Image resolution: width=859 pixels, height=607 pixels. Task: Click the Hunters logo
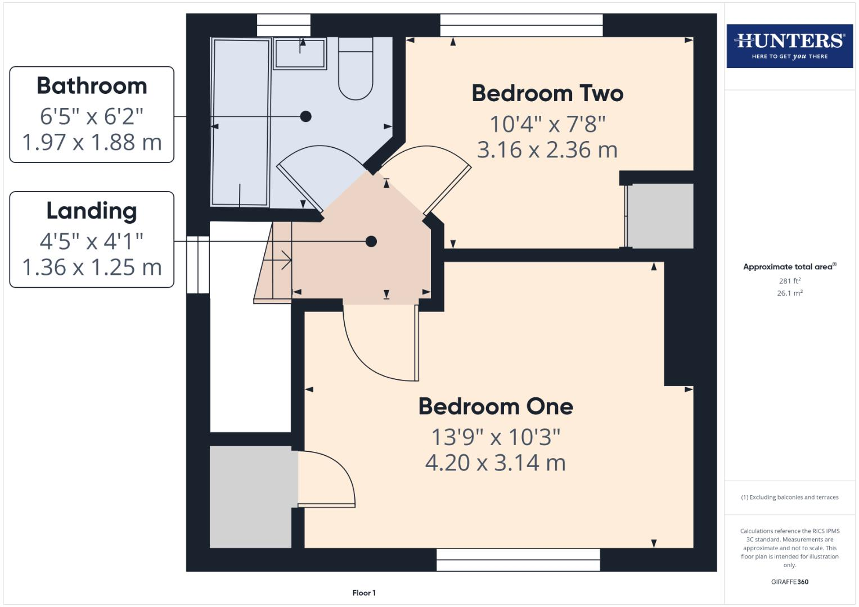789,46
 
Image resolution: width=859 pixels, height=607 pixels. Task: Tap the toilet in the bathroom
356,70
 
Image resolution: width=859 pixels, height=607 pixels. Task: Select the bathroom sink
300,54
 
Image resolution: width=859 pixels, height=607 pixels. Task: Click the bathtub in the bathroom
241,123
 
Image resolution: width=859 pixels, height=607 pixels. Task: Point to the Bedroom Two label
547,93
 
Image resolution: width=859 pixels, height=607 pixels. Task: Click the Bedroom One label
496,406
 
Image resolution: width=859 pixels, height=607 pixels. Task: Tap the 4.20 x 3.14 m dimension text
496,463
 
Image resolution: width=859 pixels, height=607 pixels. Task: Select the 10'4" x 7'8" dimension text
547,124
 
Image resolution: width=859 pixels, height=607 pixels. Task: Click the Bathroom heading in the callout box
92,86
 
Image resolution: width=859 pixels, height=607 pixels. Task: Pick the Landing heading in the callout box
92,211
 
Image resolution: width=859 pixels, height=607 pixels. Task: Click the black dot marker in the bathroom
305,116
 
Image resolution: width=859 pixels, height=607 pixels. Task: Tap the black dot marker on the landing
371,241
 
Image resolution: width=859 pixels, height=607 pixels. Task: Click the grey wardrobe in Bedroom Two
660,216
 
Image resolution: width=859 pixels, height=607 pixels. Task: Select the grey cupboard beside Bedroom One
250,497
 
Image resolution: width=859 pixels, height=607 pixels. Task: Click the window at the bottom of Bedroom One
518,560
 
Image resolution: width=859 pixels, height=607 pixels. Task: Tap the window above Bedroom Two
521,25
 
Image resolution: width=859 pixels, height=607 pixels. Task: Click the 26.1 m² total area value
789,293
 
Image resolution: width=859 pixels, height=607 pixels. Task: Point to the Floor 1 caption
364,593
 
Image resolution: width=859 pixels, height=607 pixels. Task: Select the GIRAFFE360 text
789,582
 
